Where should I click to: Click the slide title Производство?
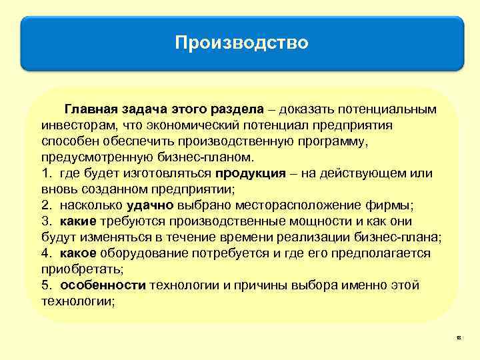click(241, 43)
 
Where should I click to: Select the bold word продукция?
click(245, 173)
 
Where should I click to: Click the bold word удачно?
click(150, 205)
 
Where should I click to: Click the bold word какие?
click(77, 221)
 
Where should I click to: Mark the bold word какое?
click(77, 253)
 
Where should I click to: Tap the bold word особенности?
click(103, 285)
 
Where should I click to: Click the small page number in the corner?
click(459, 338)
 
